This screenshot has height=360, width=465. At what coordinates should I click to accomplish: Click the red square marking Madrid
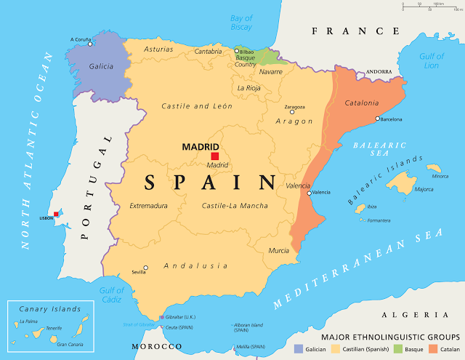coord(214,156)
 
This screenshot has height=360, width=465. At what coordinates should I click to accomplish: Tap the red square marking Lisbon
coord(56,215)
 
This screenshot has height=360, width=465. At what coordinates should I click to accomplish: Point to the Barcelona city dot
coord(377,119)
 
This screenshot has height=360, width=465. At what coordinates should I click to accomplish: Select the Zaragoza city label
coord(294,105)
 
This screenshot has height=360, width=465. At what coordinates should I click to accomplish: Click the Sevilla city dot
coord(145,268)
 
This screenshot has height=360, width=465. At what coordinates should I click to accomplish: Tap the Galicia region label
coord(101,66)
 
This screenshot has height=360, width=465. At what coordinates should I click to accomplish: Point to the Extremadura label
coord(148,206)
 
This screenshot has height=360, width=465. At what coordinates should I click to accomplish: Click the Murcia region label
coord(279,250)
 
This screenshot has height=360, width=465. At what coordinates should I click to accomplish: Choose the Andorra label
coord(379,72)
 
